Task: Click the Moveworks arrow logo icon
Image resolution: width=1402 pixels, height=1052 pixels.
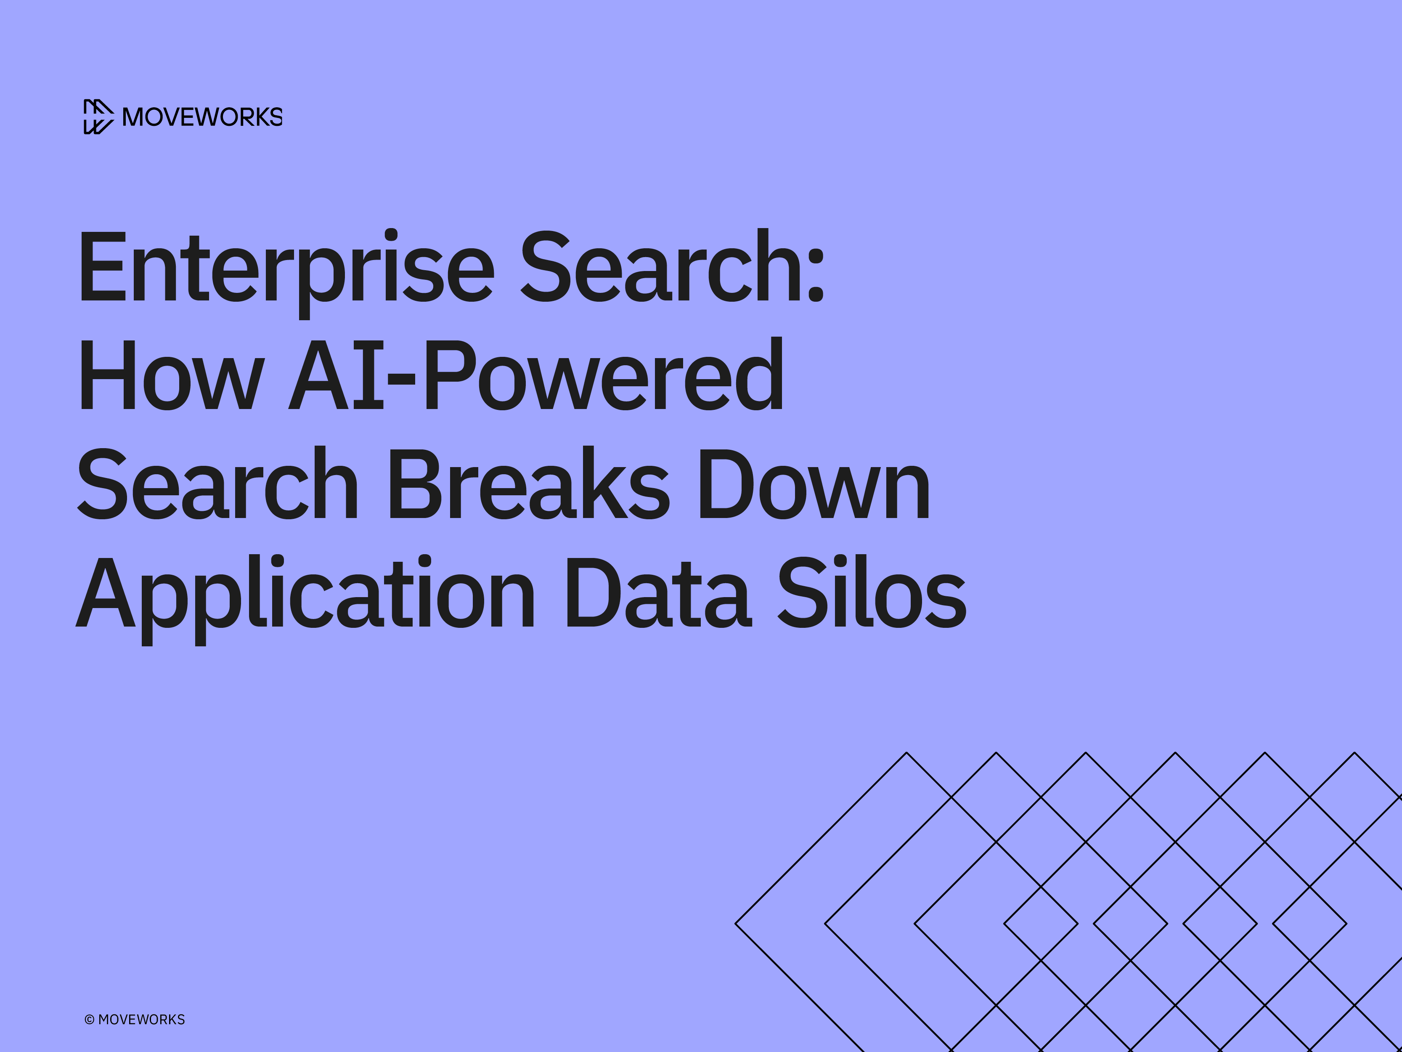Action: click(x=98, y=117)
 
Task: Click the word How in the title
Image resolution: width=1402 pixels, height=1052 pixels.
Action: click(x=170, y=375)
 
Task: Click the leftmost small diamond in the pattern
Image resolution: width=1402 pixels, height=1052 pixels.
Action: click(x=1041, y=924)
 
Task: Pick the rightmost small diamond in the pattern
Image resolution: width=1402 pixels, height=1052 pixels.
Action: click(x=1309, y=924)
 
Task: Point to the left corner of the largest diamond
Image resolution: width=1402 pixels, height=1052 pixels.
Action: click(x=736, y=924)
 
